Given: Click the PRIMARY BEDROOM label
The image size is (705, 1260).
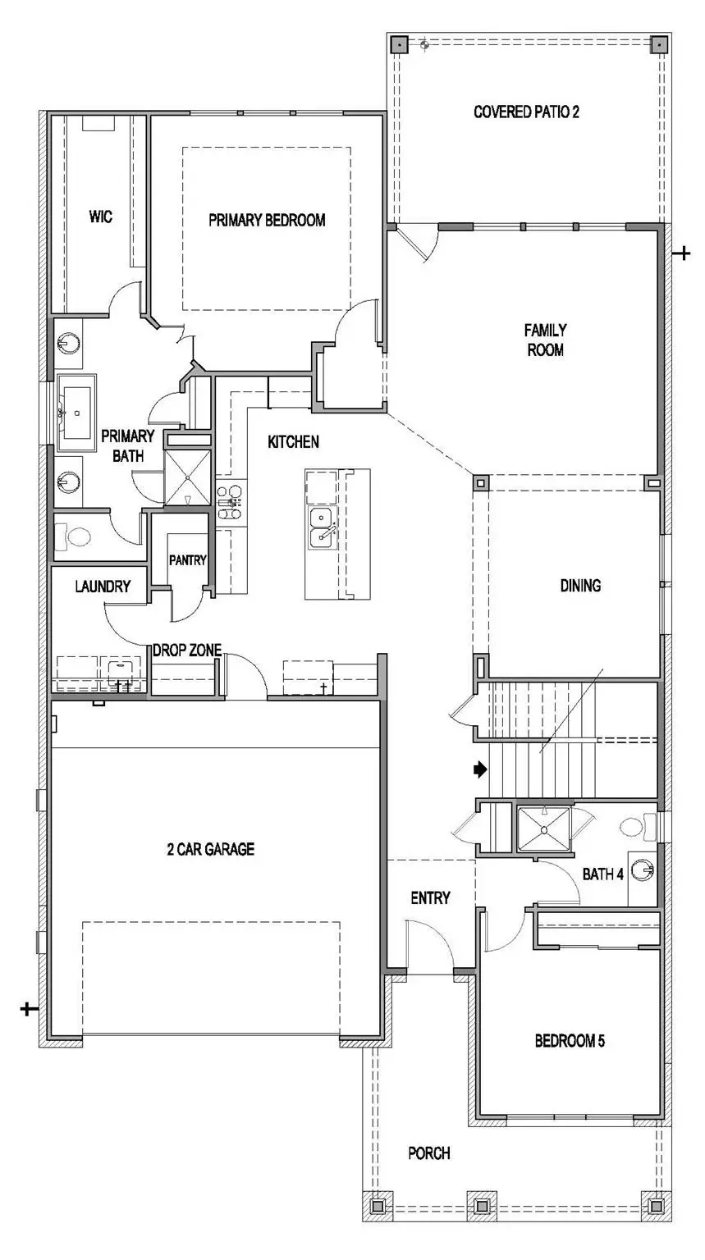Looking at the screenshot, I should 267,220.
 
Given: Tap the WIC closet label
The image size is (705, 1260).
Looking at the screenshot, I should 101,217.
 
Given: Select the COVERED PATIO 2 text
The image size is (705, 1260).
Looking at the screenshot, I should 526,112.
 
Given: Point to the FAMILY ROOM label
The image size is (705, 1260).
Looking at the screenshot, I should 546,340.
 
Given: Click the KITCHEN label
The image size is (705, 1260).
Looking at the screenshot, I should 293,442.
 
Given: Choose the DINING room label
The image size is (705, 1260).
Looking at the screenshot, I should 580,586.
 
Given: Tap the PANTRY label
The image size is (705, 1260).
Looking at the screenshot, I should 187,560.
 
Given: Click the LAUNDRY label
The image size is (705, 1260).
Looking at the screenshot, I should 103,587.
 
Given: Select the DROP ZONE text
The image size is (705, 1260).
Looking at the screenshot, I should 187,651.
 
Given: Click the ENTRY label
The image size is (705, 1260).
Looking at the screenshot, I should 430,898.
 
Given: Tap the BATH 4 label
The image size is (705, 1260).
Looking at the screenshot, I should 603,874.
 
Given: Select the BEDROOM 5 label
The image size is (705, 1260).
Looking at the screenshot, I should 570,1042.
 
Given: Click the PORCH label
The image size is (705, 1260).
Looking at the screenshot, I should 429,1154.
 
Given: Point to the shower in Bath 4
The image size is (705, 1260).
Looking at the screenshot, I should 543,830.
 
